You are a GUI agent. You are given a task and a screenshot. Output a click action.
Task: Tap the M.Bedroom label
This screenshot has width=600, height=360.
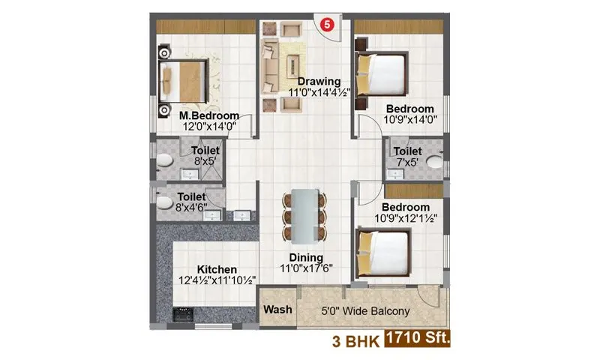[x=209, y=115]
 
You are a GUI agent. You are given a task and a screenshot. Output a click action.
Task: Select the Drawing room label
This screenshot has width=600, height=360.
[x=319, y=81]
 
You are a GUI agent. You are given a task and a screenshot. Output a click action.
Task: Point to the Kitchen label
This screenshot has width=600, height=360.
[x=217, y=269]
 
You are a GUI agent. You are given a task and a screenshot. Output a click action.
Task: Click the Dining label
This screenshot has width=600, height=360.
[x=304, y=257]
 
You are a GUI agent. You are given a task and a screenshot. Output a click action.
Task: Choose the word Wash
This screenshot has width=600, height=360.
[x=276, y=310]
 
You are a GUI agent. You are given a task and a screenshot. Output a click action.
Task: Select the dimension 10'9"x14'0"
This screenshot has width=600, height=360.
[x=410, y=118]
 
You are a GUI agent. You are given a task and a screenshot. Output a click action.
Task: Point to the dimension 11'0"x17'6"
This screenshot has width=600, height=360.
[x=304, y=268]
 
